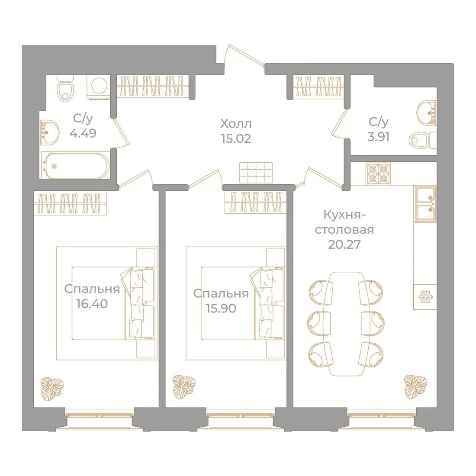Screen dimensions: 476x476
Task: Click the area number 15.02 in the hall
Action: tap(236, 139)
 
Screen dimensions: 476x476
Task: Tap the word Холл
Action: tap(236, 124)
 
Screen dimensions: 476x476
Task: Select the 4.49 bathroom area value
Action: tap(83, 133)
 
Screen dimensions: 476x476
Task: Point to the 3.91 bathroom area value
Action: tap(378, 137)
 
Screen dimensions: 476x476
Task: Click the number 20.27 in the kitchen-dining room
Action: tap(344, 244)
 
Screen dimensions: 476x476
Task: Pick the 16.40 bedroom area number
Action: tap(92, 304)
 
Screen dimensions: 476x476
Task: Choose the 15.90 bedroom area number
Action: tap(221, 309)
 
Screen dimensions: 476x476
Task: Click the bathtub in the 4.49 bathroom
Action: tap(75, 165)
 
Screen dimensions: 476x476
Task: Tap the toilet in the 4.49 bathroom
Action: tap(66, 88)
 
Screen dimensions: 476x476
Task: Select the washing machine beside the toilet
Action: tap(98, 87)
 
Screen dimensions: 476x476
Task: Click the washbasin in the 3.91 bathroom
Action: tap(427, 113)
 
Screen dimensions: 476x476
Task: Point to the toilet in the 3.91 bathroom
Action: tap(423, 141)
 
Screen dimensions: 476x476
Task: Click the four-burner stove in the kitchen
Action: tap(378, 174)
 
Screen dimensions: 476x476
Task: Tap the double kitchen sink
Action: tap(425, 204)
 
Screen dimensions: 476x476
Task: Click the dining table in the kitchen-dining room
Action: tap(346, 324)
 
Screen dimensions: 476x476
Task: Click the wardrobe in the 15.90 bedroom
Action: tap(256, 203)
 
